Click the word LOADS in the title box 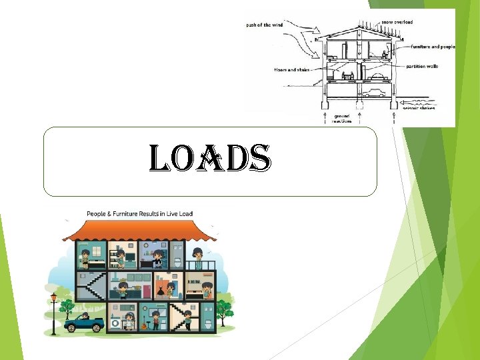coord(209,161)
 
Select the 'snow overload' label coord(397,22)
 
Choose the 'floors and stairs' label coord(291,69)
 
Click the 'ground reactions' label coord(341,118)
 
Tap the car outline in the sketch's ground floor coord(375,92)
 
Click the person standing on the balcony coord(198,257)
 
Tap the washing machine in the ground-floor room coord(115,323)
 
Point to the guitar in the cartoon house coord(143,325)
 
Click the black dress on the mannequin coord(161,291)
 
